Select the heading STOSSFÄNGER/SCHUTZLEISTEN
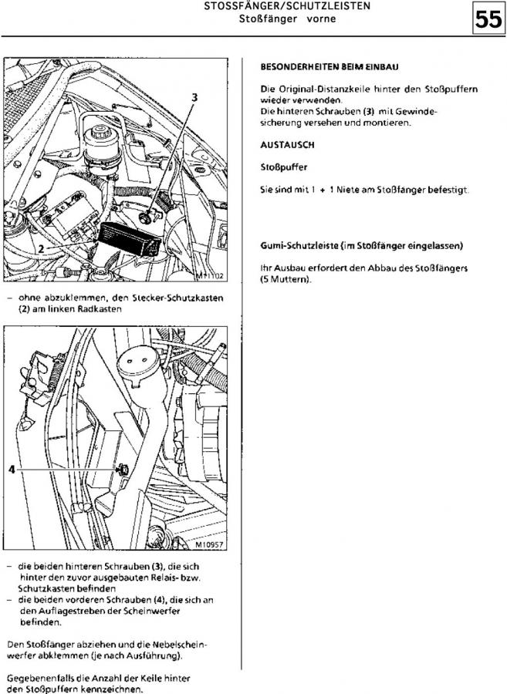pyautogui.click(x=287, y=5)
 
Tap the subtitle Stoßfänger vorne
pyautogui.click(x=287, y=19)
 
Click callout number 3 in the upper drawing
pyautogui.click(x=194, y=98)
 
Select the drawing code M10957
pyautogui.click(x=208, y=543)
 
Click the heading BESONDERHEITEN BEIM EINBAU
pyautogui.click(x=324, y=68)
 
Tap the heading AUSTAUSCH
pyautogui.click(x=287, y=144)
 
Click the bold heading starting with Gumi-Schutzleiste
pyautogui.click(x=362, y=246)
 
